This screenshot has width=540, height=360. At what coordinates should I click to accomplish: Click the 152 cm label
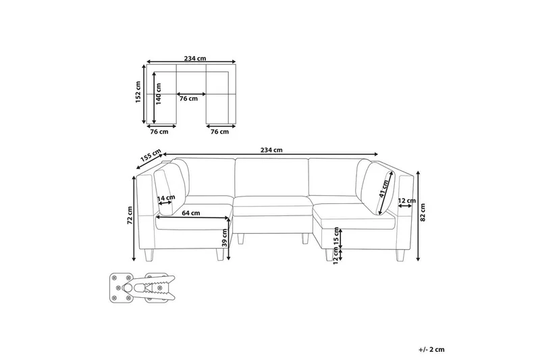coord(138,93)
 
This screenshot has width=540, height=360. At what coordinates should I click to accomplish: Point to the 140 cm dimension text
coord(158,94)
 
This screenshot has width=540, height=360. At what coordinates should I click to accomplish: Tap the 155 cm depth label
coord(151,155)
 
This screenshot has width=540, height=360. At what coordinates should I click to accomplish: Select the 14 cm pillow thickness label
coord(166,198)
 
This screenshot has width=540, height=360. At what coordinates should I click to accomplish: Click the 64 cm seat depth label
coord(191,213)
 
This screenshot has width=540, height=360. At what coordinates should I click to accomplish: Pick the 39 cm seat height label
coord(225,238)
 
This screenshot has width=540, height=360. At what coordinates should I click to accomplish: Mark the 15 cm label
coord(336,236)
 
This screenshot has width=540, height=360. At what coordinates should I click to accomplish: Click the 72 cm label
coord(130,215)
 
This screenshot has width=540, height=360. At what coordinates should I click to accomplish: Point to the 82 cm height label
coord(423,212)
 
